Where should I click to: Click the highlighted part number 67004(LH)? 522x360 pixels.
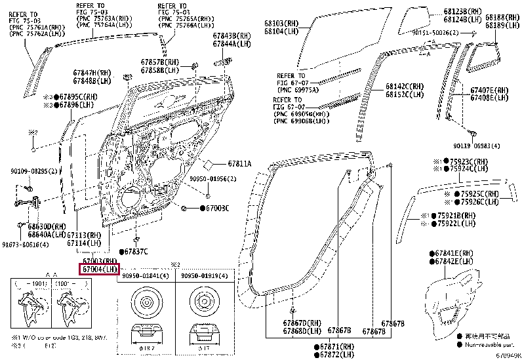(x=100, y=270)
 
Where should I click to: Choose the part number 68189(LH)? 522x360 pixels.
(x=502, y=25)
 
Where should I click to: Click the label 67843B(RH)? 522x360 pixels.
(x=232, y=36)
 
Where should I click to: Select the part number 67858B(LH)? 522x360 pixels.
(x=159, y=70)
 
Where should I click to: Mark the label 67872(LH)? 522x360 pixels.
(x=340, y=354)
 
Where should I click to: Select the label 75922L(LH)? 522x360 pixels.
(x=456, y=224)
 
